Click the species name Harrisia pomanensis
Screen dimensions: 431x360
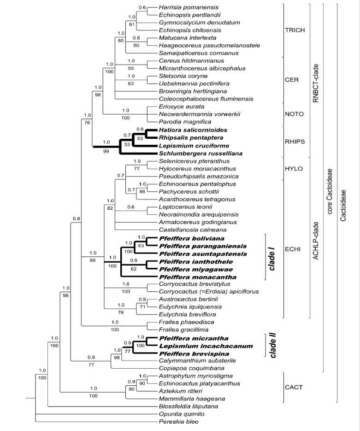tap(183, 7)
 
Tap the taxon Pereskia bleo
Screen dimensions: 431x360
tap(173, 422)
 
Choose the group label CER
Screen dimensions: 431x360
tap(293, 79)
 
